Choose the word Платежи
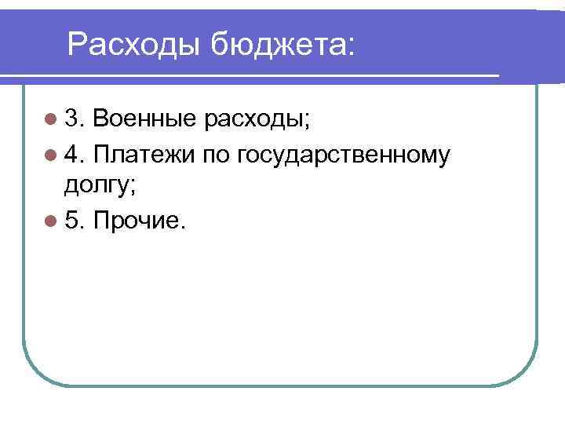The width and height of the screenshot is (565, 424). point(144,155)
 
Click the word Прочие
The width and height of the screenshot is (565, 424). point(135,222)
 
